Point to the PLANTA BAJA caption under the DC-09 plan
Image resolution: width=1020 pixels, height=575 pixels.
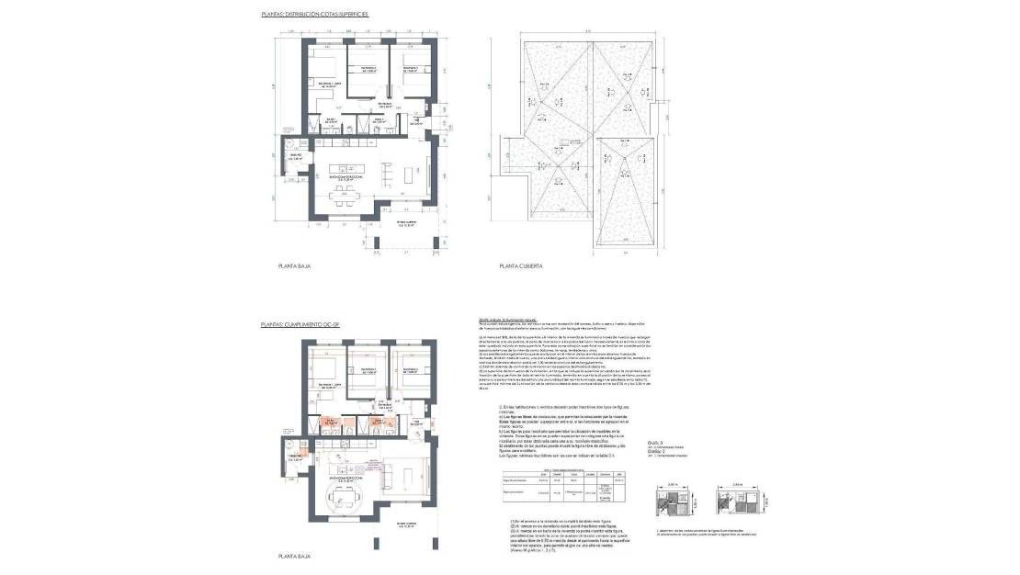pos(297,557)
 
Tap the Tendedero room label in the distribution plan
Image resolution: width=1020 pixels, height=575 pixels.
pos(296,158)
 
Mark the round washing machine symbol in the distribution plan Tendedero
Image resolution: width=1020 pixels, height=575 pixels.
pos(288,144)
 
